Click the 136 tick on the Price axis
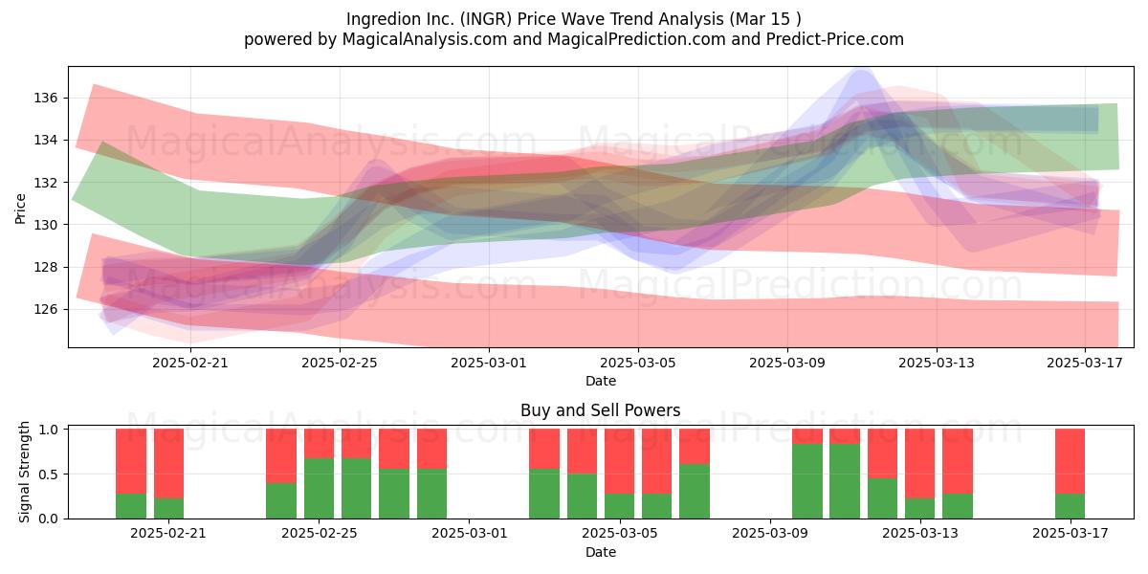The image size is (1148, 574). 45,98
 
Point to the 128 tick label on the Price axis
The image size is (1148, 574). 45,267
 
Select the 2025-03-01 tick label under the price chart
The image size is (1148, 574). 489,363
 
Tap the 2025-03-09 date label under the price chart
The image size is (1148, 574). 787,363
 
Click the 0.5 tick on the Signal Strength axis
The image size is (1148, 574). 49,475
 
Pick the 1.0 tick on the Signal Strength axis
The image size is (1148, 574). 49,429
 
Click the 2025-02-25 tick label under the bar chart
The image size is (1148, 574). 319,533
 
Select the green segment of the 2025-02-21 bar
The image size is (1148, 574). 168,508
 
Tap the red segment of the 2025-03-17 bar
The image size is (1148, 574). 1071,461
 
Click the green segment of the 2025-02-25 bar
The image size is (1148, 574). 319,489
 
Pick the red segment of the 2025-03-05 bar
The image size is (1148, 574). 619,461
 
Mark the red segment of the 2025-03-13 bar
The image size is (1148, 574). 919,463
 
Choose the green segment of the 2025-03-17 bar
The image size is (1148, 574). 1071,506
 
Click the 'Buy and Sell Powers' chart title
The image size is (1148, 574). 601,410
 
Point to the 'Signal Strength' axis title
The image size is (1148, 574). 24,472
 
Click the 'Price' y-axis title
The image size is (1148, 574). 20,209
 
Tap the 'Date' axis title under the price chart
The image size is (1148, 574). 601,381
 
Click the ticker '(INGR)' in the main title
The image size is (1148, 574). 486,19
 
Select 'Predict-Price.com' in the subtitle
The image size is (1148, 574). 835,39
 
